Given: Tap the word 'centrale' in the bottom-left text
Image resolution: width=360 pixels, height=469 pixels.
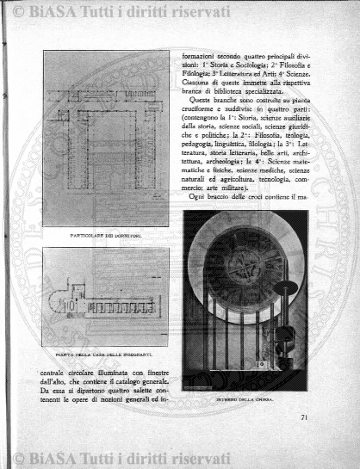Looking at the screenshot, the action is (x=55, y=373).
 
